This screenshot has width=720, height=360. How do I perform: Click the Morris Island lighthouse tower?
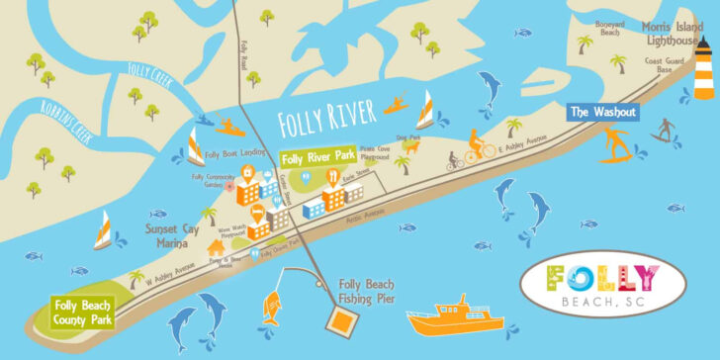703,71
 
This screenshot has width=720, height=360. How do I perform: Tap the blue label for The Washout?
602,112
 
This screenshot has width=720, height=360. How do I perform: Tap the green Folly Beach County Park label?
83,312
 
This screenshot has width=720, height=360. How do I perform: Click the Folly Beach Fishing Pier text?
374,289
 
